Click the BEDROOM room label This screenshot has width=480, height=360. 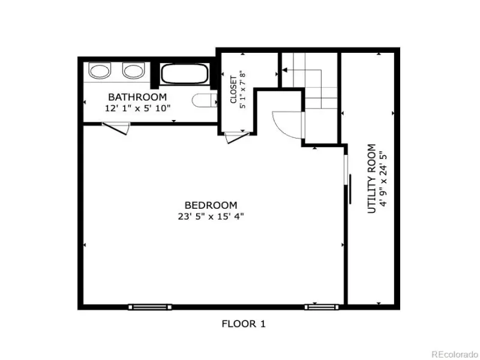click(211, 205)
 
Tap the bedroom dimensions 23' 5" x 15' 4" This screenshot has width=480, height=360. click(211, 217)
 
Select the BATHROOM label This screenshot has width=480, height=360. click(137, 97)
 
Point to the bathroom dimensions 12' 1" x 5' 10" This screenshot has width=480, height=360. click(137, 108)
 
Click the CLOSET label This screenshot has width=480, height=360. click(233, 89)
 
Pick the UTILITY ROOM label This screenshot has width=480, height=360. click(371, 178)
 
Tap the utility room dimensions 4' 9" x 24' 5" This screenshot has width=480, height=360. click(383, 179)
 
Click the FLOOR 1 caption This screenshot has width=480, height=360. click(244, 323)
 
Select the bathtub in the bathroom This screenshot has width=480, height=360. click(185, 73)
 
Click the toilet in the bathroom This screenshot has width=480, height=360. click(205, 100)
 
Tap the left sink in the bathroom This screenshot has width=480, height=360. click(100, 70)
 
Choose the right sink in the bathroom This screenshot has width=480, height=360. click(133, 70)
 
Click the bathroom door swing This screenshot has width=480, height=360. click(116, 128)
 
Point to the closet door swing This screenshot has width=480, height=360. click(236, 137)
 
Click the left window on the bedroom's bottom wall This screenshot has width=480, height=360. click(150, 307)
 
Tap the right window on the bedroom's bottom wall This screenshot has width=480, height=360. click(322, 307)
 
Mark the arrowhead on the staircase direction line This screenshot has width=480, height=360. click(284, 70)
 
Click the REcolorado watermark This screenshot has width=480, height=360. click(455, 354)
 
